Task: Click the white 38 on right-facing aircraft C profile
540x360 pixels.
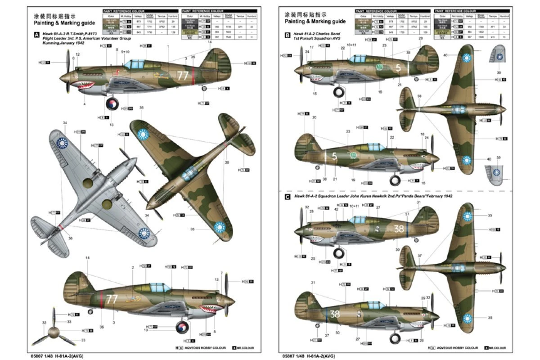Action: pos(334,314)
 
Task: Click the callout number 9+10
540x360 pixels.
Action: pos(125,52)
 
